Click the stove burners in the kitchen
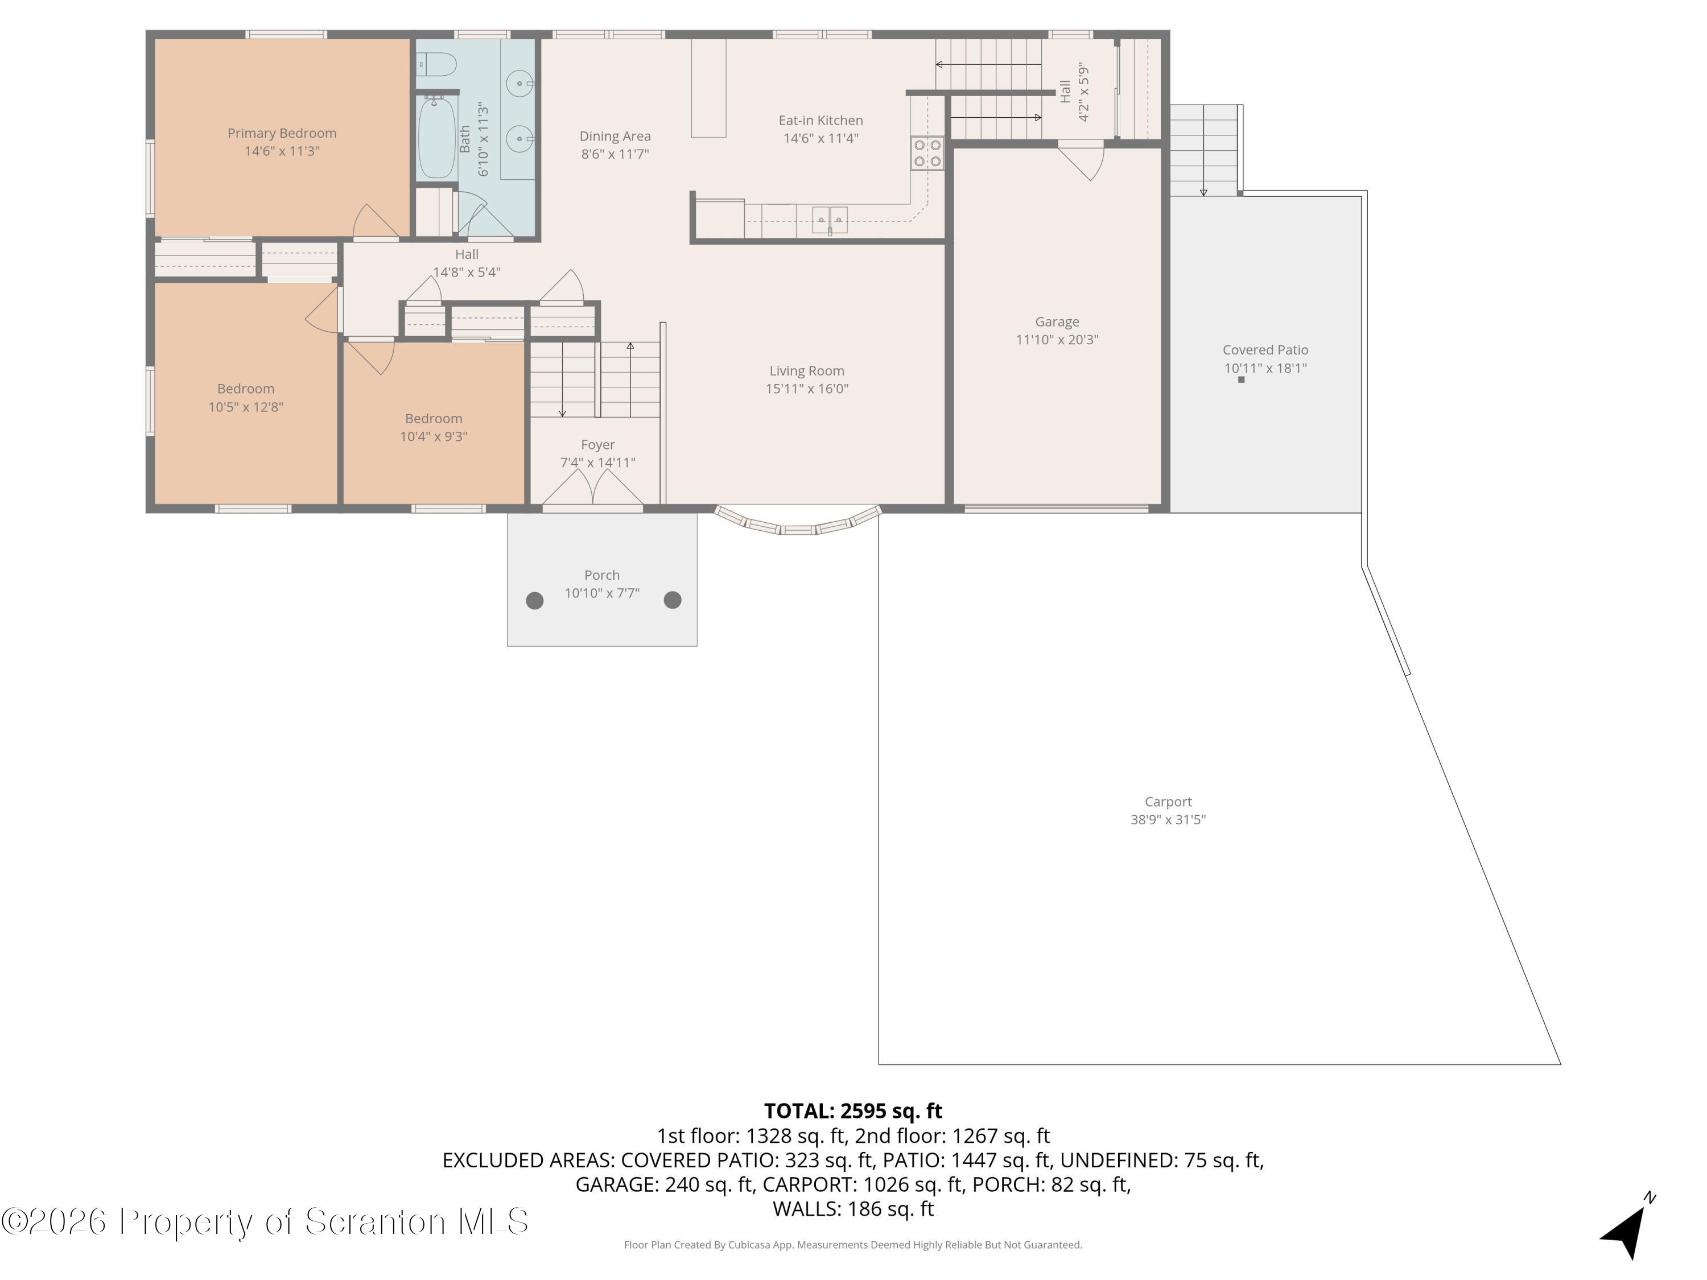click(x=927, y=153)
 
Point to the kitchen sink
click(x=830, y=220)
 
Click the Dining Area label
click(x=615, y=137)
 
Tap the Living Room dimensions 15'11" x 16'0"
click(x=806, y=389)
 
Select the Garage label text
click(x=1057, y=322)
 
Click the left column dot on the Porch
click(x=535, y=600)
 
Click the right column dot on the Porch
click(x=673, y=600)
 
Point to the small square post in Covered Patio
click(x=1241, y=379)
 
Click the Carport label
click(x=1168, y=802)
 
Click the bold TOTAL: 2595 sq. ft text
click(x=853, y=1111)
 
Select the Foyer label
click(x=598, y=444)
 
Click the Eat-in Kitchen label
click(x=820, y=121)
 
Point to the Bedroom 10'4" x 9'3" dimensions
click(x=434, y=437)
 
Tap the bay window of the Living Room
click(x=798, y=522)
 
